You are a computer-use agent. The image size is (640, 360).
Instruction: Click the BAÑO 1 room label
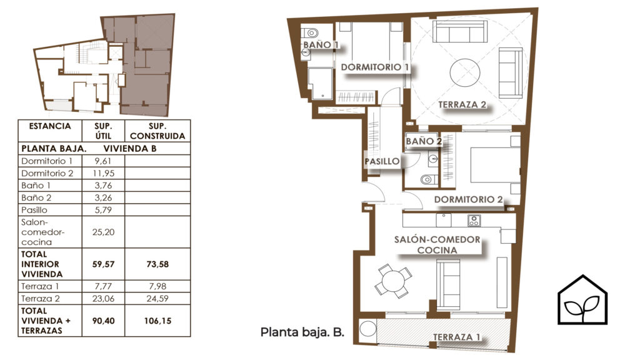(321, 44)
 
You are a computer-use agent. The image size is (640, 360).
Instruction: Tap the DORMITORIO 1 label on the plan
(375, 67)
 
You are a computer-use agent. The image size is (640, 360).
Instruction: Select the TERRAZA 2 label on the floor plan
(462, 104)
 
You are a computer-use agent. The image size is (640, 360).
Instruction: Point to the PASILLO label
(382, 161)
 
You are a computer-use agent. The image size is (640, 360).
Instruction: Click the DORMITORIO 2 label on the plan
(468, 199)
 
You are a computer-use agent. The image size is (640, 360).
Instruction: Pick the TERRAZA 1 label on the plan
(456, 337)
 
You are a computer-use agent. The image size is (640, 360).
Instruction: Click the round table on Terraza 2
(465, 72)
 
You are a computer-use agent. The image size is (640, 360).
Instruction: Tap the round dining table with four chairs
(394, 281)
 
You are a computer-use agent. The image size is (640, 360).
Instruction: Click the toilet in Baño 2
(429, 179)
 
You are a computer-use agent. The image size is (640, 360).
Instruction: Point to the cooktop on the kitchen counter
(474, 221)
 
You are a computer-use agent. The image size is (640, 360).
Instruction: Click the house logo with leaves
(582, 300)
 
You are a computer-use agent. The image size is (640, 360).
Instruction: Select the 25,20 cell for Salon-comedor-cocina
(103, 232)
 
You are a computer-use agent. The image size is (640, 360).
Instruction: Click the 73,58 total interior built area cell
(157, 264)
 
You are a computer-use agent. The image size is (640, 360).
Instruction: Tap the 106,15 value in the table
(157, 321)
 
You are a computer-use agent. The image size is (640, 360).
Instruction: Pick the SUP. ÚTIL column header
(103, 131)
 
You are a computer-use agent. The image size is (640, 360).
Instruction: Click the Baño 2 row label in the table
(36, 198)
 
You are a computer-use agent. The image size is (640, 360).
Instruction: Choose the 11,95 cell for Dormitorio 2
(103, 174)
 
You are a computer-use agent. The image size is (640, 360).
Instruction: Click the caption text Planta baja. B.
(302, 332)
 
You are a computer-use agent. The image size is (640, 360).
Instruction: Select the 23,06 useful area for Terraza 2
(103, 299)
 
